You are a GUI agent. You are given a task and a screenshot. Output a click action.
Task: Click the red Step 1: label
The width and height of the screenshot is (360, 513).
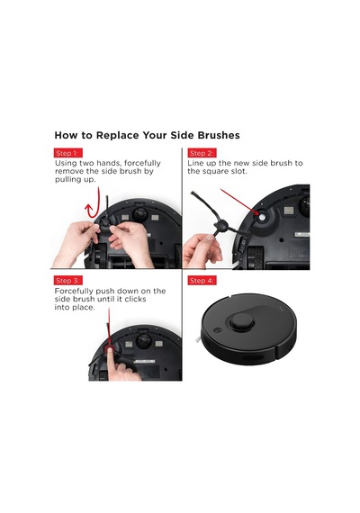point(68,153)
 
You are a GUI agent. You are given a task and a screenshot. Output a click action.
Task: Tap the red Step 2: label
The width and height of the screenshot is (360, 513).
point(202,153)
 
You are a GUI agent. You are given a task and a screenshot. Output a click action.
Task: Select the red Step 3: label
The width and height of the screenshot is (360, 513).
point(68,281)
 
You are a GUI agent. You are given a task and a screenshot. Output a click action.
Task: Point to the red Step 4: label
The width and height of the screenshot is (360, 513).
point(202,281)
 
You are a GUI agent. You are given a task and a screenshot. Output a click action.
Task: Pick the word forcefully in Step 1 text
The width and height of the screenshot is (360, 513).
point(143,163)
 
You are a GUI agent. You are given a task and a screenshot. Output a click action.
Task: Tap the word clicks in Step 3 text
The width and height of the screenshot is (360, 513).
point(134,299)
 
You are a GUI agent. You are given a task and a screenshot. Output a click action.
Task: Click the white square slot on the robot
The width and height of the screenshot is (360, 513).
point(263,217)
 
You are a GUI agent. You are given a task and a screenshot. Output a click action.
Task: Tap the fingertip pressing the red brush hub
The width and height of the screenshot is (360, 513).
point(111,349)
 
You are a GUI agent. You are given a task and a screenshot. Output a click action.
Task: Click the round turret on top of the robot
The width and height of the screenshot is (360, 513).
point(242,320)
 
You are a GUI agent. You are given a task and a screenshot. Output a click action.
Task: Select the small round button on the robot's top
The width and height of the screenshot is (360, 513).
point(217,330)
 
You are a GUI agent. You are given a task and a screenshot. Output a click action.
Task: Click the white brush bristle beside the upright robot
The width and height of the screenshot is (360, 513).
point(198,340)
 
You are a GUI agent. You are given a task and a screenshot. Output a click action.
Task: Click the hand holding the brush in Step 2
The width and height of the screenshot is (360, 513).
point(201,251)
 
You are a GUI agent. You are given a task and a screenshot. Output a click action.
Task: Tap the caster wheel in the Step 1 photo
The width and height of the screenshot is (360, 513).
point(140,214)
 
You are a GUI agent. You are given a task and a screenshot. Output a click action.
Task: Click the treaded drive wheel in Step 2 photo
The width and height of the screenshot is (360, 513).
point(255,257)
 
